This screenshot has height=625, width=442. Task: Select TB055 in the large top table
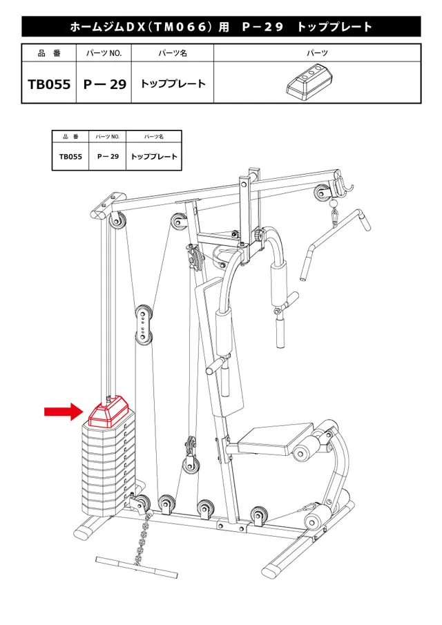49,84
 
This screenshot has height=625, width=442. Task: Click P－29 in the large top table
104,84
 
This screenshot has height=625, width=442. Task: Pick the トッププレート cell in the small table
154,157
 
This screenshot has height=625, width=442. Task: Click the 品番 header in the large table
49,53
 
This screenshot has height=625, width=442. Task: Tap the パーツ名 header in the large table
173,53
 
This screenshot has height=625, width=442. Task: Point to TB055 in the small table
70,157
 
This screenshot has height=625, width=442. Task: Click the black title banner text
221,27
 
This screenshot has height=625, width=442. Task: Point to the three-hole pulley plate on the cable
143,323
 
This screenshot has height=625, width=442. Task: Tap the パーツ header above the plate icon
317,53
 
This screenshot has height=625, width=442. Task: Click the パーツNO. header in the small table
108,137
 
